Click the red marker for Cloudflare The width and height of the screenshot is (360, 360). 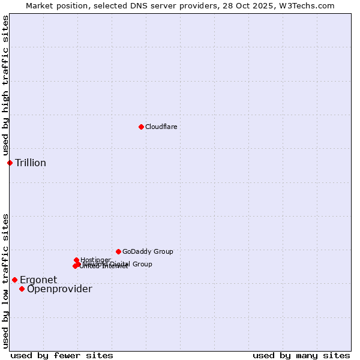pos(141,127)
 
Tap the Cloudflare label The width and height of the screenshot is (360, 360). pos(161,127)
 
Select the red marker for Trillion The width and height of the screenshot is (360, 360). pos(10,163)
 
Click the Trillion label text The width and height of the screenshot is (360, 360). pos(31,163)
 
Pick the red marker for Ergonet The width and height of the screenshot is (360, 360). pos(14,280)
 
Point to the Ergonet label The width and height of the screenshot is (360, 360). pos(38,280)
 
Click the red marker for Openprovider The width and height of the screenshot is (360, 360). pos(22,289)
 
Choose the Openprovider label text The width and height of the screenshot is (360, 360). pos(59,289)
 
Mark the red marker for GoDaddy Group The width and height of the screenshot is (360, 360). pos(118,251)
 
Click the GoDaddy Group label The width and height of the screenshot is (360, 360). pos(148,251)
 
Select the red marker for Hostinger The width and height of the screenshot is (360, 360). pos(76,260)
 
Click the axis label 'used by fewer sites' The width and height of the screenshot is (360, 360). pos(62,355)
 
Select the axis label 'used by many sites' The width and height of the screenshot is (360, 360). pos(301,355)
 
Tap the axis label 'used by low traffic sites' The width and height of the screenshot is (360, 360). pos(5,281)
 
